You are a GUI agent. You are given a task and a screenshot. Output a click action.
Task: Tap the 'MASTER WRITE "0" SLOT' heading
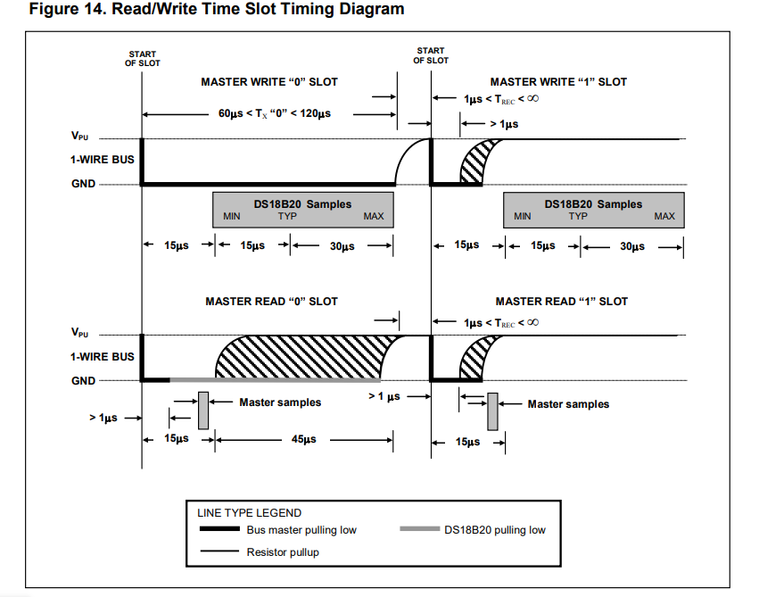(x=269, y=82)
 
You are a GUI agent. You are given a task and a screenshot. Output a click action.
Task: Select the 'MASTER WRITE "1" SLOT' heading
(x=558, y=82)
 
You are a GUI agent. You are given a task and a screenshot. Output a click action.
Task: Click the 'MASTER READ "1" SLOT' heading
(x=561, y=302)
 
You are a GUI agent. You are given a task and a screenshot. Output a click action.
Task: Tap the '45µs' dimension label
(x=303, y=440)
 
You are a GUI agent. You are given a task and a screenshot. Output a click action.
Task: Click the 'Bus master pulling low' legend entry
(x=301, y=530)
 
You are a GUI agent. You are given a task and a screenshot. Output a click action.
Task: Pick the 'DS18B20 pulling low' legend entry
(x=494, y=530)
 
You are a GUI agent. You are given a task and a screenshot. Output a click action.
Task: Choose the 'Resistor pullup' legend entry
(x=282, y=552)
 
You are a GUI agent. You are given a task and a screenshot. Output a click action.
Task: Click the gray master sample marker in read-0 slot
(x=203, y=410)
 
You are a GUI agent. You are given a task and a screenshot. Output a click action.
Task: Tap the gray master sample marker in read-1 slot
(x=491, y=410)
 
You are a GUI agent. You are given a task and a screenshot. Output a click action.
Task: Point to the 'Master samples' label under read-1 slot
(x=568, y=404)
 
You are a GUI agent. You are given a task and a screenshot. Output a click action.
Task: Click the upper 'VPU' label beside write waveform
(x=80, y=137)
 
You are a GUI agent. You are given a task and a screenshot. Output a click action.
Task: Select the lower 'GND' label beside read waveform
(x=84, y=380)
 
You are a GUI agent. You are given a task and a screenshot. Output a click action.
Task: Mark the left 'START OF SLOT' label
(x=143, y=59)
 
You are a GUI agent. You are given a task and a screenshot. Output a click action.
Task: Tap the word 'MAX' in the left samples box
(x=374, y=217)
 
